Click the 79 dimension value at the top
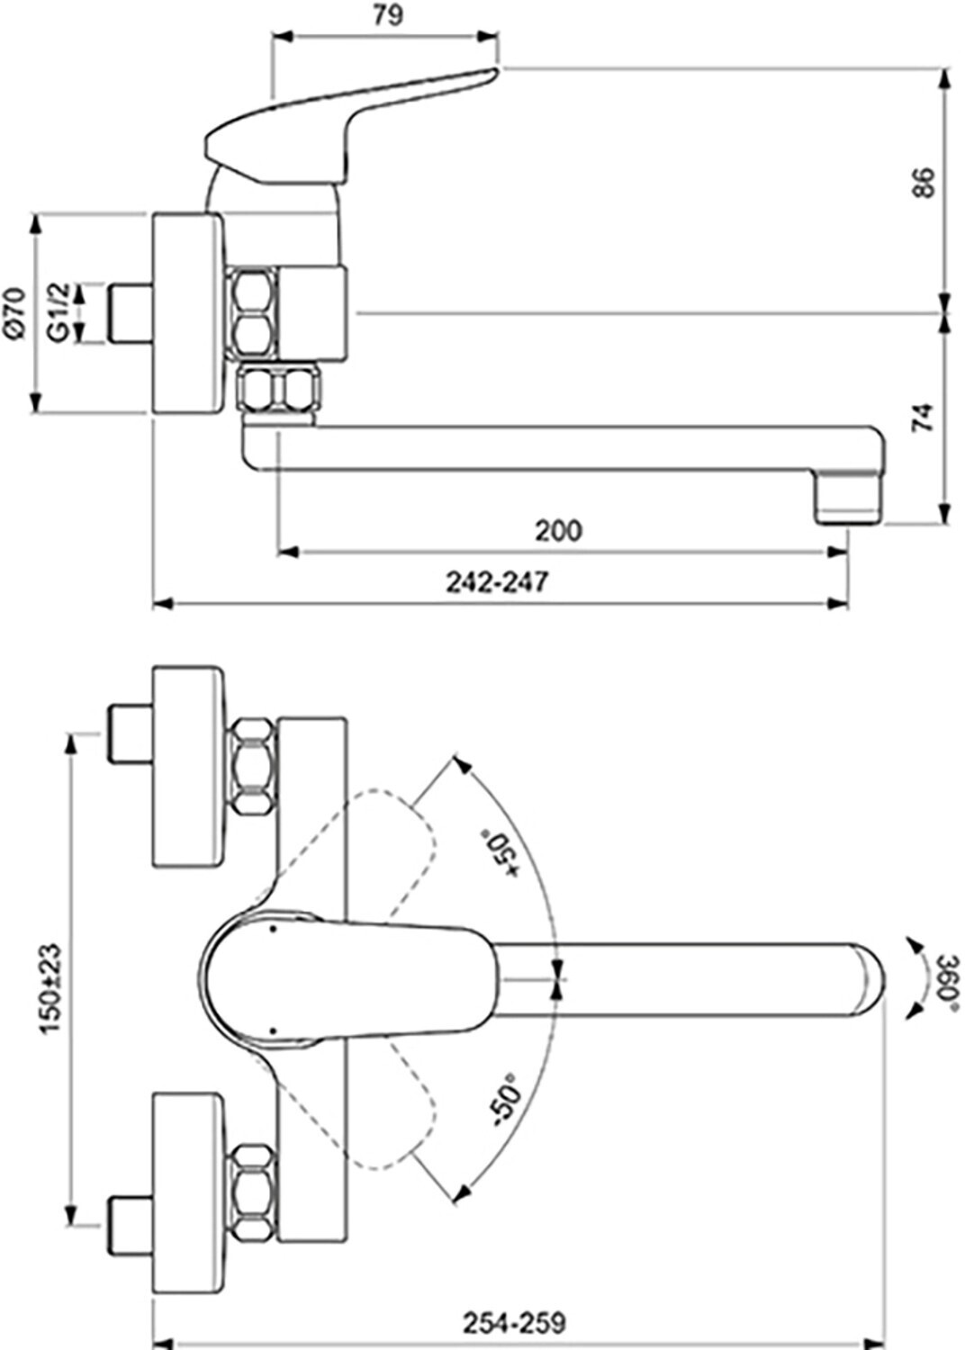[385, 15]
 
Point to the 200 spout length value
[558, 531]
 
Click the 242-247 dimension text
[496, 582]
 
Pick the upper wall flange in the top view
[186, 767]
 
